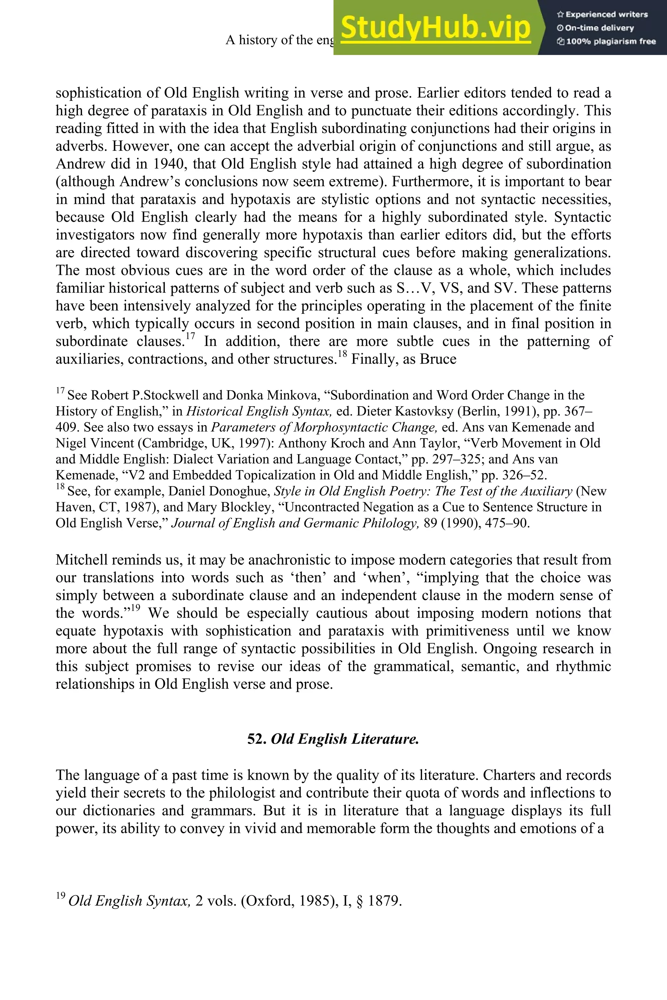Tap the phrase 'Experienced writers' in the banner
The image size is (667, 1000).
[606, 14]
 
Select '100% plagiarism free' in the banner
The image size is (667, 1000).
[610, 42]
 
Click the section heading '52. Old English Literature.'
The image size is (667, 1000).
[333, 739]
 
